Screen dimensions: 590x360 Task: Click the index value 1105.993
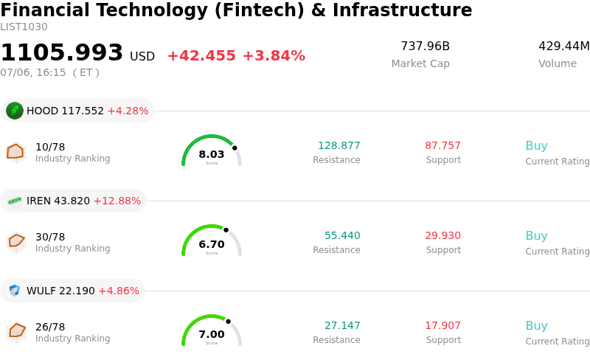[62, 52]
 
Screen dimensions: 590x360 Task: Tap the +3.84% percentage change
[274, 56]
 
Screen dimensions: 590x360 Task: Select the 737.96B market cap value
[426, 46]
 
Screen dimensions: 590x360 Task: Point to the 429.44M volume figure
[564, 46]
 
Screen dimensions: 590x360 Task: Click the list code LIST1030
[24, 27]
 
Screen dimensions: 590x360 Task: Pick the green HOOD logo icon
[15, 111]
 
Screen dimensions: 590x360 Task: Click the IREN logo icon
[15, 201]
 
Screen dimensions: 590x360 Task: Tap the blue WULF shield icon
[14, 291]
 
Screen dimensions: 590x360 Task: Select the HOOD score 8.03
[212, 154]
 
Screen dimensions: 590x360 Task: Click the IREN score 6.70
[212, 244]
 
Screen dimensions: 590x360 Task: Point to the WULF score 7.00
[212, 334]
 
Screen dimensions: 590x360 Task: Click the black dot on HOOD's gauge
[235, 148]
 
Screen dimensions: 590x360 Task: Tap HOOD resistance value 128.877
[339, 145]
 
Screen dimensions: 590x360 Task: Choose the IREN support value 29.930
[443, 235]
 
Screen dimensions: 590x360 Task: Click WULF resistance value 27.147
[342, 325]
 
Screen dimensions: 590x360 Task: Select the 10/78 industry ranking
[50, 147]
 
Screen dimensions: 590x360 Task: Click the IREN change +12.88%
[117, 201]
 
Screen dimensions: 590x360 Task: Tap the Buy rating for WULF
[537, 325]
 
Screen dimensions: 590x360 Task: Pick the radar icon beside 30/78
[16, 242]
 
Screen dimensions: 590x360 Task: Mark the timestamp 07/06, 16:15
[33, 72]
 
